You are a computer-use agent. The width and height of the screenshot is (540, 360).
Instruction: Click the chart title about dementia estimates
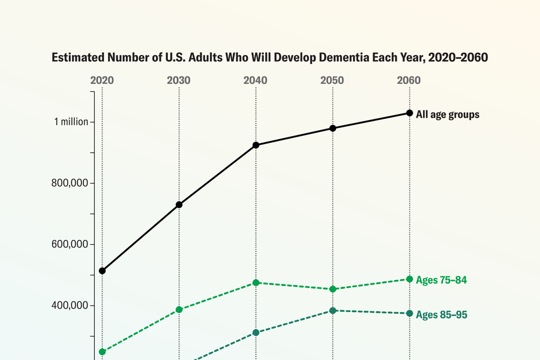coord(269,58)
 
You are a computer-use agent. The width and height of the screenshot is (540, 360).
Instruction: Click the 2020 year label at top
coord(102,80)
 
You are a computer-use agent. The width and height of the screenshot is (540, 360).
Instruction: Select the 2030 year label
coord(179,80)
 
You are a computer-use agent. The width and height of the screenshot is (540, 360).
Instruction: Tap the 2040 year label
coord(256,80)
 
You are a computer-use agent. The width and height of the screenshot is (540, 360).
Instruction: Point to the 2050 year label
coord(332,80)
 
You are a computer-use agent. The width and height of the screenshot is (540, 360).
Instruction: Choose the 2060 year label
coord(409,80)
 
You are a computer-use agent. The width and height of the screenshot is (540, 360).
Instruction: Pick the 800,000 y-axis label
coord(71,183)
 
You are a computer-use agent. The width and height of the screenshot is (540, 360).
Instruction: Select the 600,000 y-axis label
coord(71,244)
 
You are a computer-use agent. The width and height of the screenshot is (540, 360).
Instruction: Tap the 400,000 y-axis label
coord(71,305)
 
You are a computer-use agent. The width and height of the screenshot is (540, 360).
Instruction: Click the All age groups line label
coord(448,115)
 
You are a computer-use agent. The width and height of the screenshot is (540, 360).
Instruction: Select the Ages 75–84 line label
coord(441,280)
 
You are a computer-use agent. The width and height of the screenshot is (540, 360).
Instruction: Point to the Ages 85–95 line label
coord(442,314)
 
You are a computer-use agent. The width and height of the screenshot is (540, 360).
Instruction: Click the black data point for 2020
coord(102,271)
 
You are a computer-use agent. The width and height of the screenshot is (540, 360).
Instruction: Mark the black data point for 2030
coord(179,205)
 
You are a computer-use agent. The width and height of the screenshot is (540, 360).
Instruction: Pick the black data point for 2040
coord(256,145)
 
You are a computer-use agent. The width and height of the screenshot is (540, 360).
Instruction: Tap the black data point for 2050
coord(332,128)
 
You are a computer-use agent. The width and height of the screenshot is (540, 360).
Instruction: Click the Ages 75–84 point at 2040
coord(256,283)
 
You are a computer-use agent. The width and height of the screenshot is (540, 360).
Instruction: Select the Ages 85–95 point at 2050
coord(332,311)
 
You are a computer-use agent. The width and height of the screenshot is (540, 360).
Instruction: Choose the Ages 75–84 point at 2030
coord(179,310)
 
